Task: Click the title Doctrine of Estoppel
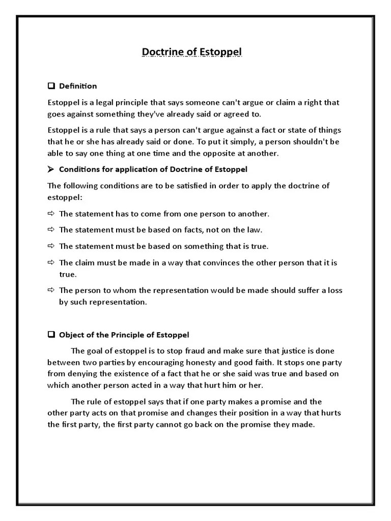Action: [192, 52]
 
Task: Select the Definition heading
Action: [78, 86]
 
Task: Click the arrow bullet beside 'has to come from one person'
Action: [51, 214]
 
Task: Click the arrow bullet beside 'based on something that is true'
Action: [51, 246]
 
